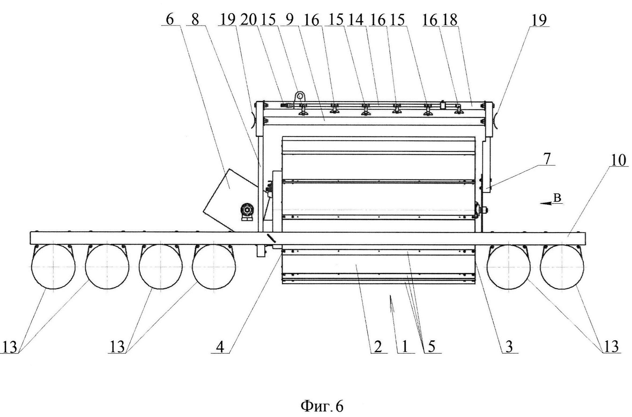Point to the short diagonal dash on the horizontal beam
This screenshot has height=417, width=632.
point(271,238)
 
